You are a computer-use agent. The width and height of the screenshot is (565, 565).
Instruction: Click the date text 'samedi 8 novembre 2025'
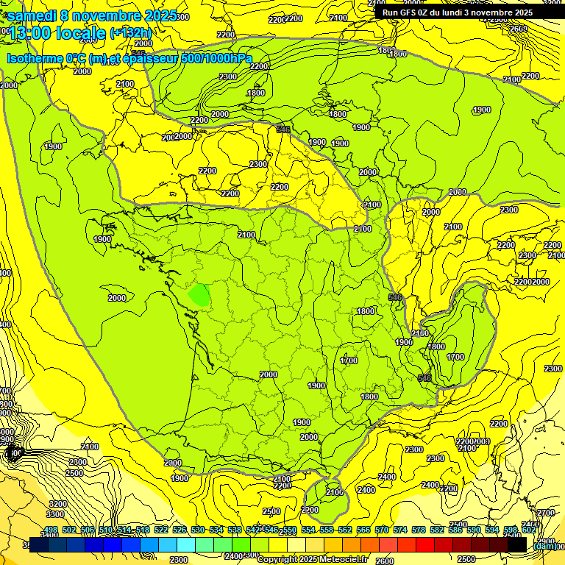pyautogui.click(x=92, y=15)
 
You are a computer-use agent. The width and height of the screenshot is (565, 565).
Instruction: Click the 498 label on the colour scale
pyautogui.click(x=51, y=530)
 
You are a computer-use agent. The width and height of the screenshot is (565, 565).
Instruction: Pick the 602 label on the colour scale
pyautogui.click(x=528, y=530)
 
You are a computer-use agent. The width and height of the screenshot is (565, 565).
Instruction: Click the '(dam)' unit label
pyautogui.click(x=544, y=546)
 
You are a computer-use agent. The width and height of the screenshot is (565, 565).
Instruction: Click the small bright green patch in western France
pyautogui.click(x=199, y=295)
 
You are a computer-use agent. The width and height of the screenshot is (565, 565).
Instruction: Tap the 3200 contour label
pyautogui.click(x=57, y=504)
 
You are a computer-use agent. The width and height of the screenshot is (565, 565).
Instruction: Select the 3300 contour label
pyautogui.click(x=55, y=514)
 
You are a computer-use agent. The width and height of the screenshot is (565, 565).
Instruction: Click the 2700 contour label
pyautogui.click(x=545, y=513)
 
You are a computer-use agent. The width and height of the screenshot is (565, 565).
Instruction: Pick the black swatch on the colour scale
pyautogui.click(x=517, y=545)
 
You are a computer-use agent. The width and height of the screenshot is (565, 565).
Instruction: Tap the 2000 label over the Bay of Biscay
pyautogui.click(x=116, y=298)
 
